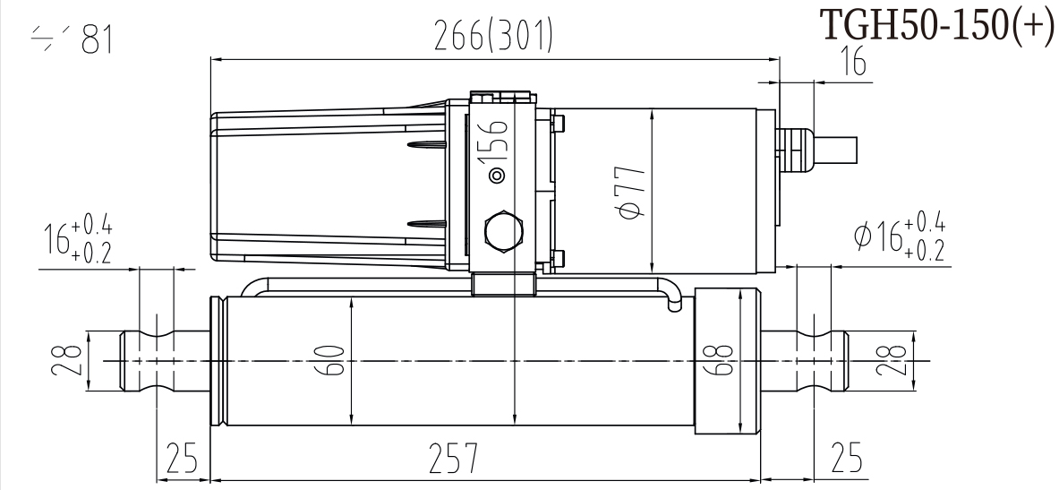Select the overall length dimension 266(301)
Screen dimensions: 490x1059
pyautogui.click(x=494, y=37)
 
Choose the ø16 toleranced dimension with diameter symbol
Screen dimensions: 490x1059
pyautogui.click(x=898, y=236)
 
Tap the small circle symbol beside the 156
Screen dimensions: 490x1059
pyautogui.click(x=498, y=176)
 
